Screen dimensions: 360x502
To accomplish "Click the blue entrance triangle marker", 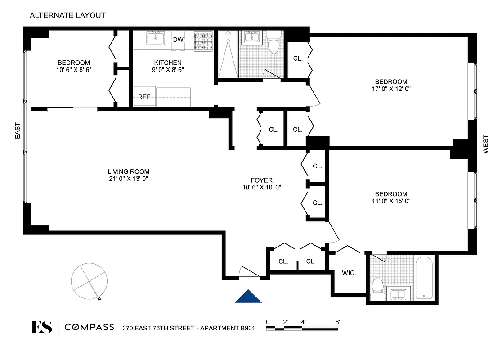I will coord(248,296).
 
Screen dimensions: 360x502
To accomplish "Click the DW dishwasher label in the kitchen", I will coord(178,40).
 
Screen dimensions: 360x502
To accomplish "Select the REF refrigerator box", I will coord(144,97).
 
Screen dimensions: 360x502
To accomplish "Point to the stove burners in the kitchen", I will coord(203,41).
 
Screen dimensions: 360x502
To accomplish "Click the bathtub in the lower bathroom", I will coord(424,278).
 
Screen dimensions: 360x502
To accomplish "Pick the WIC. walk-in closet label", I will coord(349,273).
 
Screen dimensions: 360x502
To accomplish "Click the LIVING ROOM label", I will coord(128,171).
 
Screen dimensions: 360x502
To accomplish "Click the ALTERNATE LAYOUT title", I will coord(67,15).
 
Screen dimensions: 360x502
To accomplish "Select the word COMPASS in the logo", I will coord(89,327).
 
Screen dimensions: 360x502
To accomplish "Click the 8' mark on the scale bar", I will coord(337,322).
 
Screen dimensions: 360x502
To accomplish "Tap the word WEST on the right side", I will coord(486,144).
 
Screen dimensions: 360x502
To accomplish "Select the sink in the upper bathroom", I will coord(252,38).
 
